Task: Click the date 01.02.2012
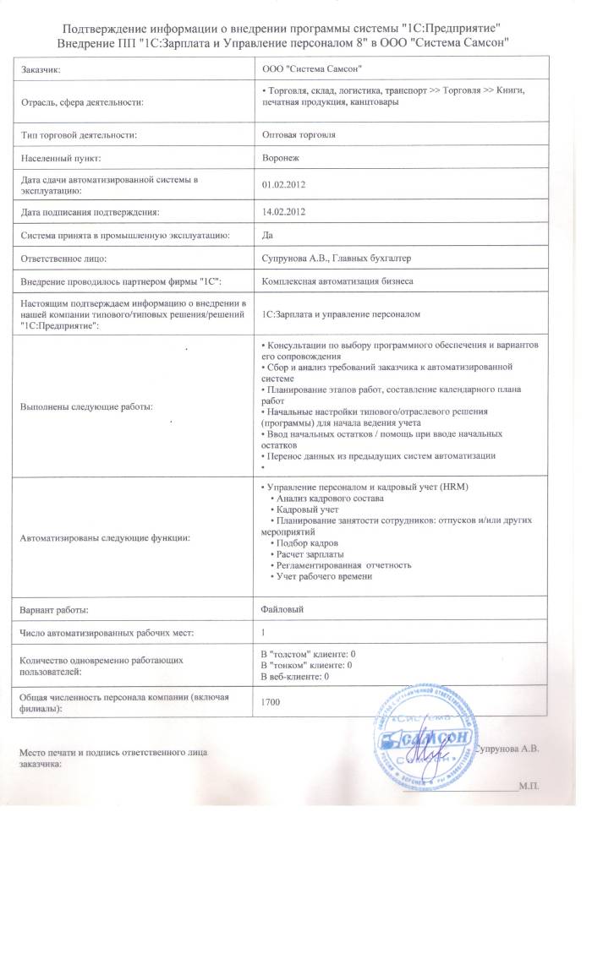(283, 185)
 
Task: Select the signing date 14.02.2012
(283, 211)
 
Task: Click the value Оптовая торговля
(299, 134)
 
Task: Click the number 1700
(271, 701)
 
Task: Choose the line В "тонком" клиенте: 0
(305, 665)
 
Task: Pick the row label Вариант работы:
(54, 608)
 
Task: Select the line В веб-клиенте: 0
(294, 676)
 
